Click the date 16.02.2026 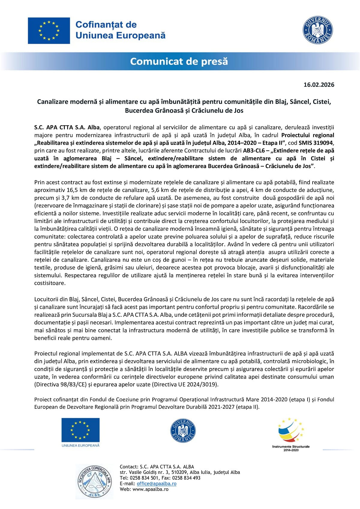pyautogui.click(x=319, y=85)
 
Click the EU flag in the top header pyautogui.click(x=49, y=31)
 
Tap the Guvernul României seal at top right pyautogui.click(x=318, y=30)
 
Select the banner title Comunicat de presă pyautogui.click(x=179, y=62)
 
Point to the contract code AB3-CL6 pyautogui.click(x=253, y=151)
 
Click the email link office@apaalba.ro pyautogui.click(x=156, y=483)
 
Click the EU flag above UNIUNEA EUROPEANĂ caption pyautogui.click(x=80, y=430)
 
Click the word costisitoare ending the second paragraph pyautogui.click(x=50, y=283)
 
